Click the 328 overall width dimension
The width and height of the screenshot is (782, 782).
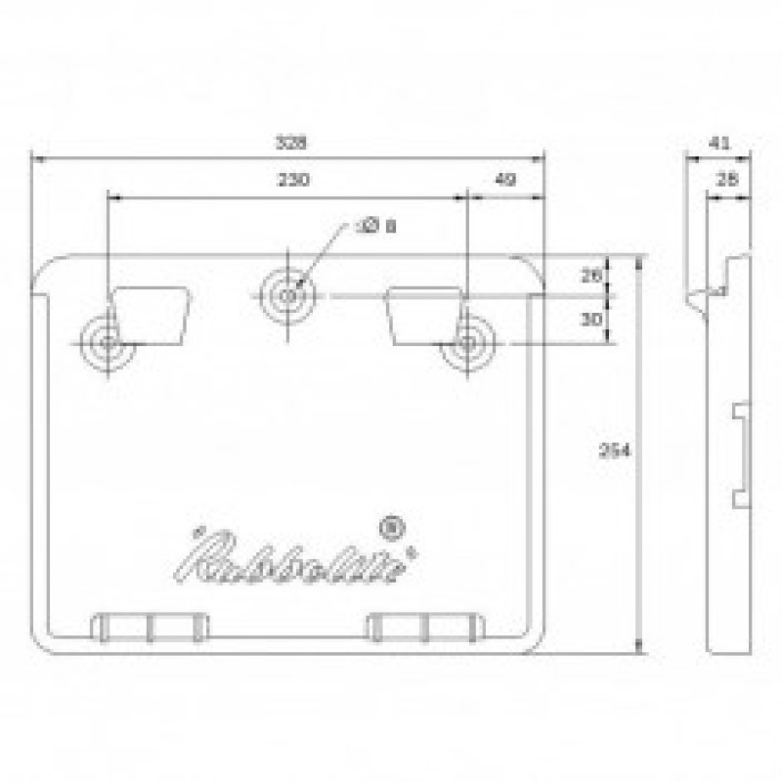click(289, 143)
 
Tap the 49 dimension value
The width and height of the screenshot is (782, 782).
click(505, 180)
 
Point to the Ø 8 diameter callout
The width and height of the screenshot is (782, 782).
click(377, 227)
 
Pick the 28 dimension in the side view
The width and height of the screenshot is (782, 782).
click(727, 180)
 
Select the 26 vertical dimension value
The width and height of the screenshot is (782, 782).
click(591, 277)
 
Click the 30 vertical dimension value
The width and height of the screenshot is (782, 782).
click(591, 319)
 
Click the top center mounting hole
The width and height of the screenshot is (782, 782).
click(287, 293)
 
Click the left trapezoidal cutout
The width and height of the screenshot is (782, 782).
click(152, 316)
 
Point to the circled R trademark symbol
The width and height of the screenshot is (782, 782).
click(394, 527)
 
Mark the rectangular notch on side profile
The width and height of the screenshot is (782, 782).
click(741, 455)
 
